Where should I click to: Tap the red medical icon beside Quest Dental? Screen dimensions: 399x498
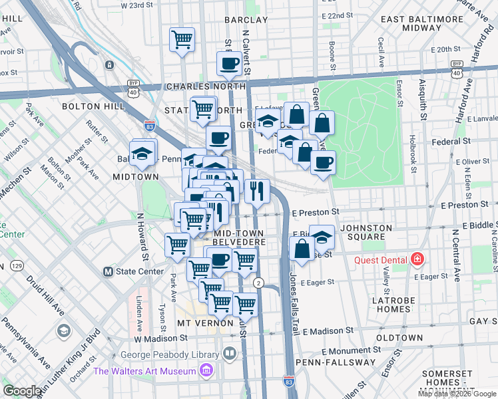click(417, 259)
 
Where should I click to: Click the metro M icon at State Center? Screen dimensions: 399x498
click(108, 271)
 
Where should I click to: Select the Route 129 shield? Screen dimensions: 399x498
click(14, 266)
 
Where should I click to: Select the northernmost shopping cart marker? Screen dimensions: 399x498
click(181, 40)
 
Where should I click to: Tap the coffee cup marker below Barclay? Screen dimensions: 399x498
click(229, 65)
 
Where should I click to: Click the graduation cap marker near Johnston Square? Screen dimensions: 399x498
click(322, 237)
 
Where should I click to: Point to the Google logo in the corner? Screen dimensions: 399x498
click(22, 391)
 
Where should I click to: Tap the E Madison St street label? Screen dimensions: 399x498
click(328, 331)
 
